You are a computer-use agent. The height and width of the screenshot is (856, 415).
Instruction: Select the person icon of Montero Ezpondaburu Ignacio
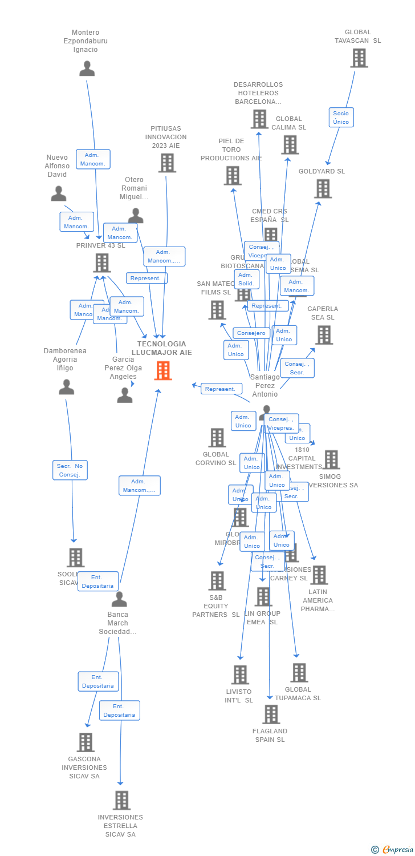pos(87,69)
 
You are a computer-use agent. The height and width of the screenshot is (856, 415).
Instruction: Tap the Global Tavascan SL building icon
pos(359,58)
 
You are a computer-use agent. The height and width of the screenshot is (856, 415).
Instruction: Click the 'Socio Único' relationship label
pos(341,118)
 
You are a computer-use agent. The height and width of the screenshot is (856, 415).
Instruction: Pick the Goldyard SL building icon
pos(323,189)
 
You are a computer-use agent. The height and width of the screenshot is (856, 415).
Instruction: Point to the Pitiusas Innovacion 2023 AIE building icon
pos(166,163)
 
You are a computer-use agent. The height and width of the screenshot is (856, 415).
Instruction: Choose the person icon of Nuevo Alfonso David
pos(58,194)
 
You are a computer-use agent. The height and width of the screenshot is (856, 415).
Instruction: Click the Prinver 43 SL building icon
pos(101,263)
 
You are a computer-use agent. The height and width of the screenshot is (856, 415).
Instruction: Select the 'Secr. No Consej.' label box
pos(70,470)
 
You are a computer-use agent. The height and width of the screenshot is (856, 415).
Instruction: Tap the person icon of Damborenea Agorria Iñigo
pos(66,387)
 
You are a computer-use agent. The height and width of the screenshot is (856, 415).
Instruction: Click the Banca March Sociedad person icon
pos(119,599)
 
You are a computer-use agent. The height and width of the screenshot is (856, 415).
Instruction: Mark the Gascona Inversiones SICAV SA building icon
pos(86,742)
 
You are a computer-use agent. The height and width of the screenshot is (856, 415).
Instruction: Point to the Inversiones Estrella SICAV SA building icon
pos(121,801)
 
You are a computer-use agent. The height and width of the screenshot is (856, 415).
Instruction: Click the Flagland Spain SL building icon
pos(271,714)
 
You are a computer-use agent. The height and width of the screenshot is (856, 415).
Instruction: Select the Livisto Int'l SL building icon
pos(240,675)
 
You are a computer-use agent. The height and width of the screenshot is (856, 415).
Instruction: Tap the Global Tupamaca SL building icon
pos(299,673)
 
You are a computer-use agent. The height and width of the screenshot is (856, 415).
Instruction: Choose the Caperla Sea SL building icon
pos(324,335)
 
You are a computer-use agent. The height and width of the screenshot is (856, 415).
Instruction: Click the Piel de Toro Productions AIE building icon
pos(232,176)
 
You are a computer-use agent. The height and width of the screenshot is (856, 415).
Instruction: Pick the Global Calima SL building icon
pos(290,145)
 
